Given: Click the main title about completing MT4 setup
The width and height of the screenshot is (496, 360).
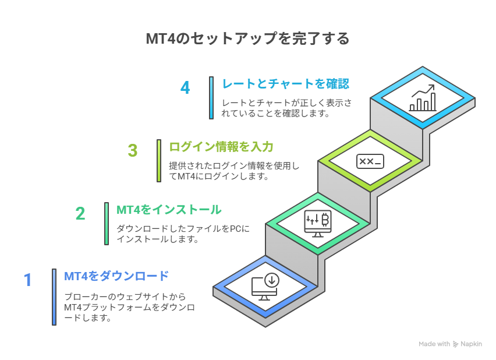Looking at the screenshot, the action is coord(247,38).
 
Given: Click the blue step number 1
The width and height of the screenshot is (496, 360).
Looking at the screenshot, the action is coord(28,280).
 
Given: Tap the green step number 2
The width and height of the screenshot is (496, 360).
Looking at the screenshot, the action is coord(80,213).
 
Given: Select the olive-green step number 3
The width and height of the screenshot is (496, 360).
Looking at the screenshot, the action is coord(133,150).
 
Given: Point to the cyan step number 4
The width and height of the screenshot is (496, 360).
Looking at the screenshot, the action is coord(185,88).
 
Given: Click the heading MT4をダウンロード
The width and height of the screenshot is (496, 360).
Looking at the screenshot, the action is coord(116,276).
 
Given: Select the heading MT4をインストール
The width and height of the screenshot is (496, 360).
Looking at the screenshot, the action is coord(169,210).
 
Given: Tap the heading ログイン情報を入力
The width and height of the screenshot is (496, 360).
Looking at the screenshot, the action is coord(221,147).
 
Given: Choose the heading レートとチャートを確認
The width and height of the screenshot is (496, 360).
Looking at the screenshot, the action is coord(286,84).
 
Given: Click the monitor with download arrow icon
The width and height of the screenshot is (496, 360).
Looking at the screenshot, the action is coord(265,287).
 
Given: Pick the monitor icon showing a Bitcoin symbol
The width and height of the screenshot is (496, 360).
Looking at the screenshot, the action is coord(318,224).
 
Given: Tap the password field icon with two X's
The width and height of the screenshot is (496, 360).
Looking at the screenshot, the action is coord(370,161).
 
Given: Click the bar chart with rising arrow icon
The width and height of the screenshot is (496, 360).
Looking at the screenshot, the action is coord(423,98).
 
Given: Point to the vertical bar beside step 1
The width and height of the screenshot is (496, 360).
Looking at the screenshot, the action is coord(54,297).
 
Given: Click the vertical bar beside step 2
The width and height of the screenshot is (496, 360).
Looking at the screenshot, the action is coord(107,224).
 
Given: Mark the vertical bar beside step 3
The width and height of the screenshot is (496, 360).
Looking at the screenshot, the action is coord(159,161).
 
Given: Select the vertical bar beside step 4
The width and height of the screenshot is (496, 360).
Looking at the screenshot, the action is coord(211,98).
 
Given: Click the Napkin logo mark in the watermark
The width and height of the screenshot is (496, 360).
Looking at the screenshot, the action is coord(455,344).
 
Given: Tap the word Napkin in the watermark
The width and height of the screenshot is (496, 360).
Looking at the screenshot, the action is coord(471,344).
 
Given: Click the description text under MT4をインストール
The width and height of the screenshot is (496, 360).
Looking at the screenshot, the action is coord(183,234).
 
